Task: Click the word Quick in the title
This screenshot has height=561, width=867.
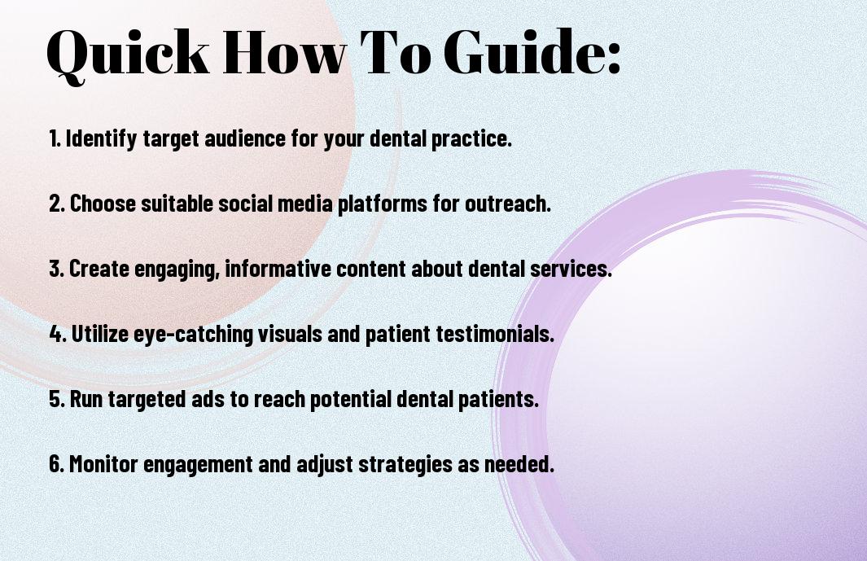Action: tap(128, 54)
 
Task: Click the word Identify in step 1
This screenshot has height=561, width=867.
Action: tap(101, 139)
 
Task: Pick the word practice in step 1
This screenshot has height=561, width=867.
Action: tap(471, 139)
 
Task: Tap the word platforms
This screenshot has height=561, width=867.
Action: tap(383, 204)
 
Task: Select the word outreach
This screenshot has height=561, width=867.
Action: tap(508, 204)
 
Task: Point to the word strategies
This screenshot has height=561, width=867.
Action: tap(405, 465)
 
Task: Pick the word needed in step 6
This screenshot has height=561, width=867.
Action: tap(519, 463)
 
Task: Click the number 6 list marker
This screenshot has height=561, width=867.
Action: tap(56, 463)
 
